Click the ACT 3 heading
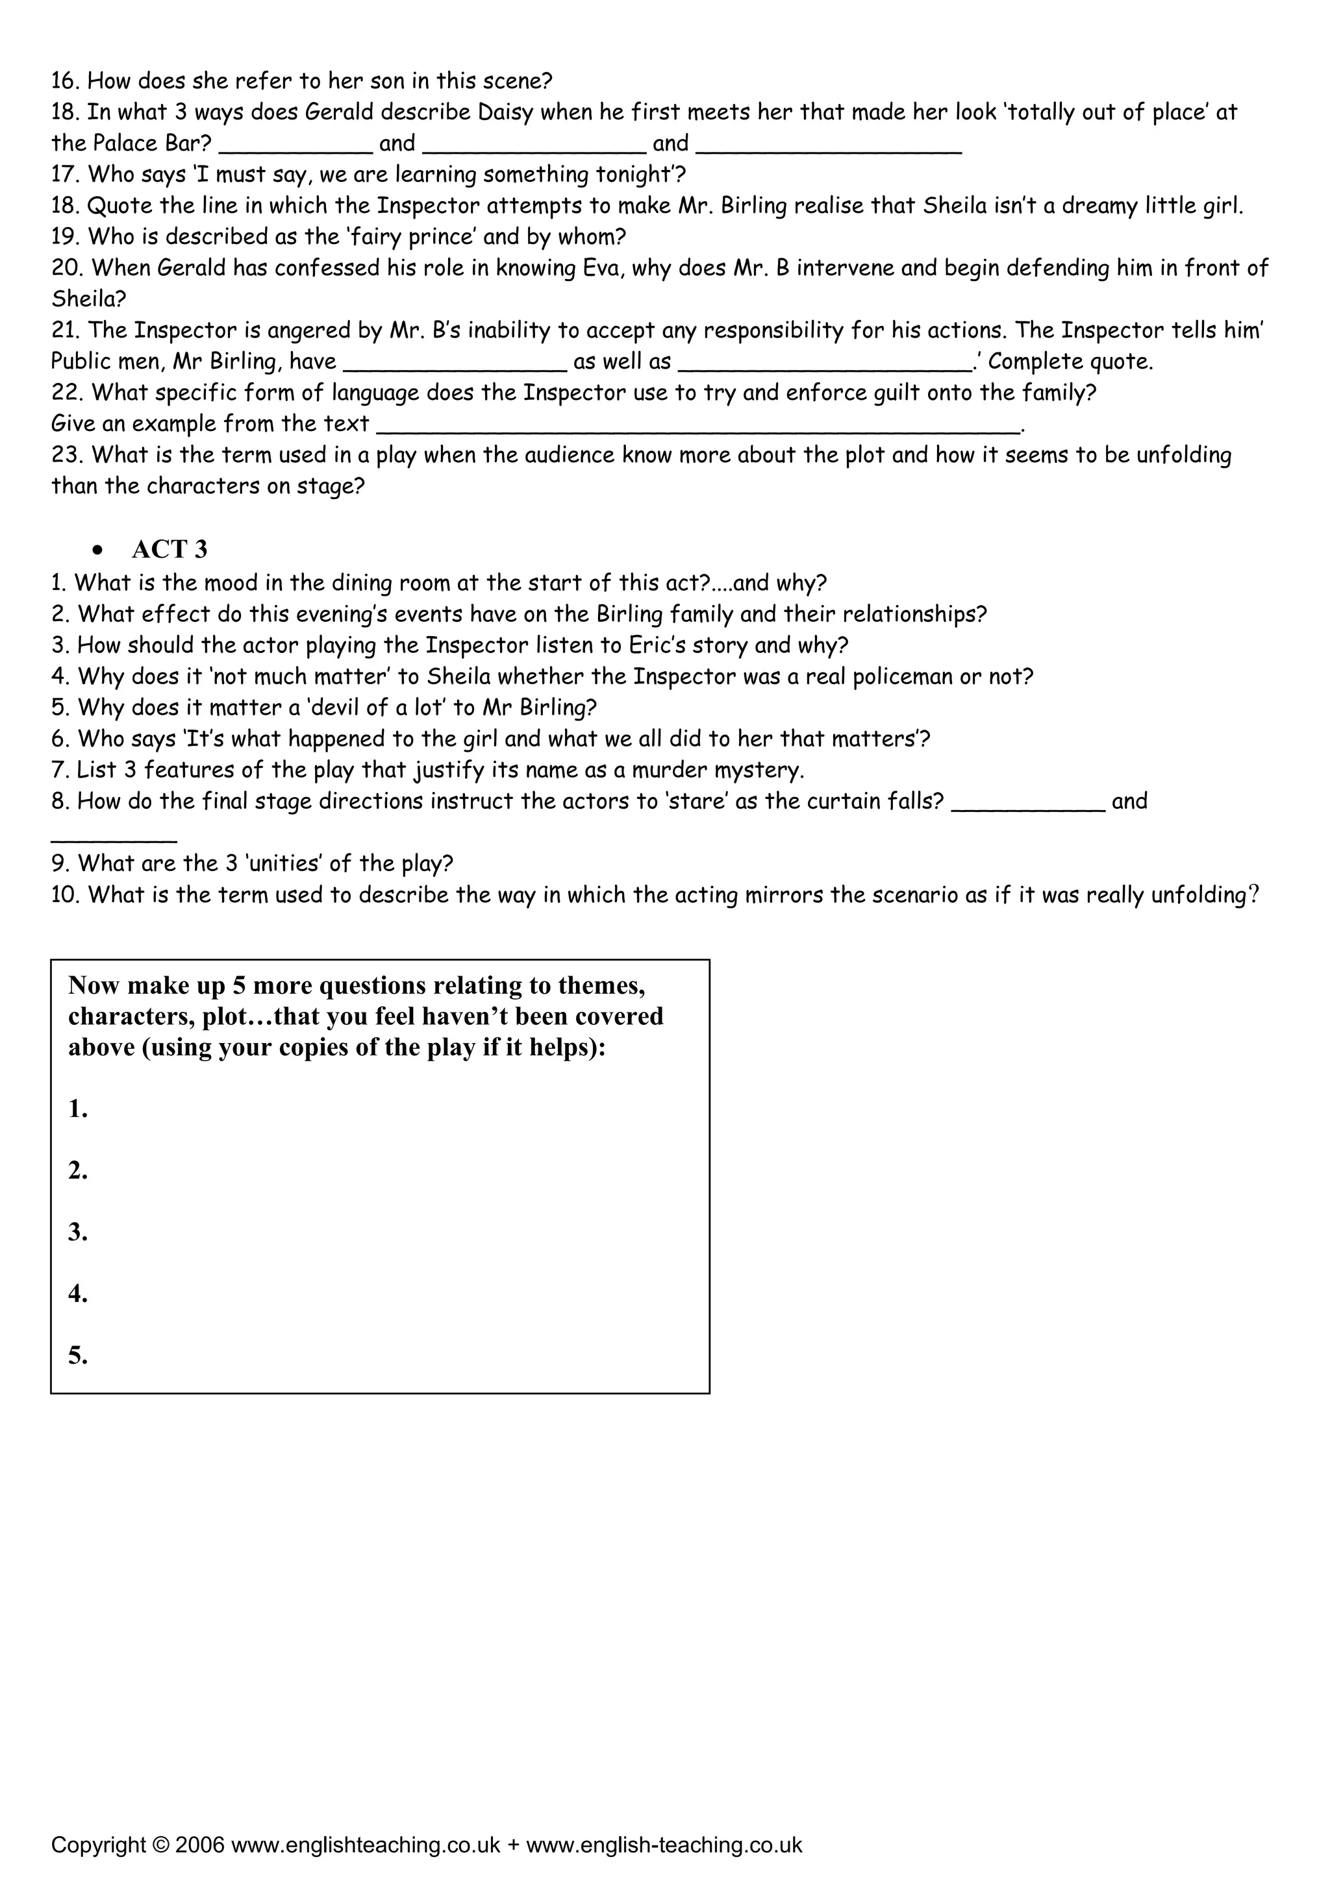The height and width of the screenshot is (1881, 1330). click(169, 549)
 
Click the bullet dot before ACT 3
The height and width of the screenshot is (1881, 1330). click(98, 550)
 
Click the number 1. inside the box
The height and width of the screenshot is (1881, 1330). click(78, 1109)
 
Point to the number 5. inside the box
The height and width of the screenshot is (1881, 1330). click(78, 1356)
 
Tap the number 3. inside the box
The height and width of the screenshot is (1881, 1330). click(78, 1232)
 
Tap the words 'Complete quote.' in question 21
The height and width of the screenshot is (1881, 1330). click(1070, 362)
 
